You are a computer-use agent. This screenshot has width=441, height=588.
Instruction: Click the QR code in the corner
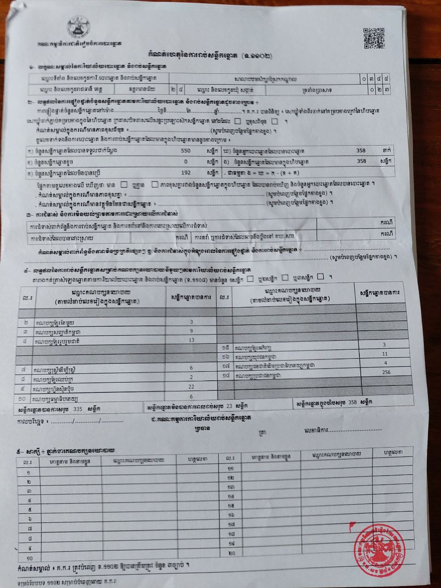click(x=373, y=38)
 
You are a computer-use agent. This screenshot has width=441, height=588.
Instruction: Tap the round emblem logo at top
click(x=79, y=28)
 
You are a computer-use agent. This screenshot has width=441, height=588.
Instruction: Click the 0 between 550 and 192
click(x=186, y=162)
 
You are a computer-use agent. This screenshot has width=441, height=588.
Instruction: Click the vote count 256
click(x=386, y=372)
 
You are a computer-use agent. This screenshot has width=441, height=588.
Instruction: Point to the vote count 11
click(x=385, y=354)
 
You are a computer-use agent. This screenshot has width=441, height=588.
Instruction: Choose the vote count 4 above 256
click(x=385, y=363)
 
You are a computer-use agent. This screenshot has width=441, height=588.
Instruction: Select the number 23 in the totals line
click(x=230, y=407)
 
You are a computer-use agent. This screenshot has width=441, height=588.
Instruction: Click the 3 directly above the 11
click(x=384, y=345)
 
